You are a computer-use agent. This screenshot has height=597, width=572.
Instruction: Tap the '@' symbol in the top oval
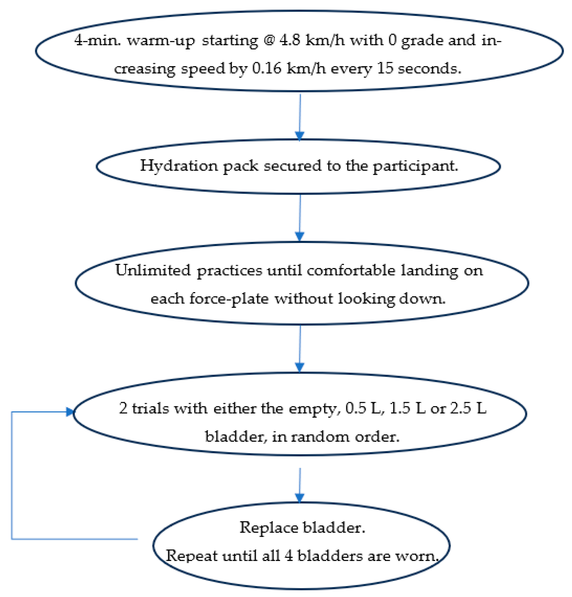tap(269, 40)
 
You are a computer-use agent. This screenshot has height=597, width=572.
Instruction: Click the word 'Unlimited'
tap(153, 271)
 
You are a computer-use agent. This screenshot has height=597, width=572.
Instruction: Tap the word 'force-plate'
tap(229, 299)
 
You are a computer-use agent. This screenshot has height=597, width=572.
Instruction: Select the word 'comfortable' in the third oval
tap(351, 271)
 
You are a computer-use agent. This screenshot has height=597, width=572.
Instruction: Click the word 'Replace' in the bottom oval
tap(269, 528)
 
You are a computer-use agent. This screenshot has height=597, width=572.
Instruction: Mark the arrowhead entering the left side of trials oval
tap(70, 412)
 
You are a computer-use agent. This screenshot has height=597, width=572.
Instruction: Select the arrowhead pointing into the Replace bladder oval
tap(299, 498)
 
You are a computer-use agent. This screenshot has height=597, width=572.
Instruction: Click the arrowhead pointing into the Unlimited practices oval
tap(299, 236)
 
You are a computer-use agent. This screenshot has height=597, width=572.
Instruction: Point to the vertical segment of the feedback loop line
tap(11, 475)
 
